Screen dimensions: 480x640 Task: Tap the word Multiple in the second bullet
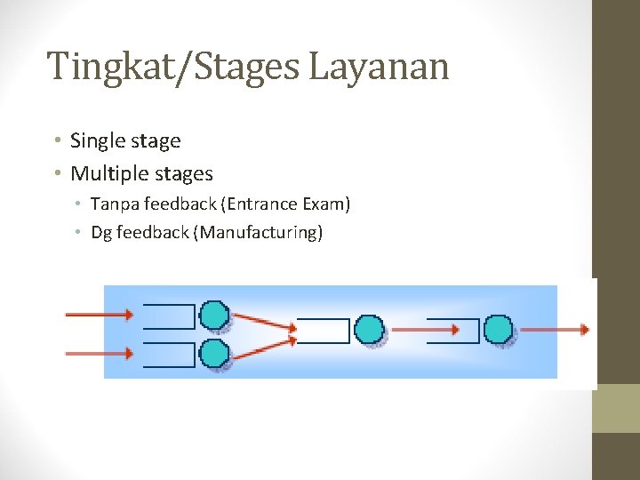point(108,173)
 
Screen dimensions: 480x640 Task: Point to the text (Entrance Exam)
point(288,204)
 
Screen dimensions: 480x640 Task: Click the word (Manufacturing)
point(258,233)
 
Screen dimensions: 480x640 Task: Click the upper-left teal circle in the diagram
point(214,315)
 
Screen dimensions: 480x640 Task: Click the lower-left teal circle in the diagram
point(214,354)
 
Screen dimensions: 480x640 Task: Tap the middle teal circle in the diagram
point(369,330)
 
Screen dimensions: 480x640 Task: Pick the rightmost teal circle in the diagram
point(499,330)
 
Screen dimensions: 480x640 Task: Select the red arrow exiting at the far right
point(555,330)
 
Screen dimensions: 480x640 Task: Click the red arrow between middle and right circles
point(425,330)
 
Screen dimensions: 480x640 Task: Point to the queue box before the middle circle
point(323,330)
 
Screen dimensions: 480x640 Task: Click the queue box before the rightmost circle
point(453,330)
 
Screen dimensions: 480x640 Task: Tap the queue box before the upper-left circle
point(168,316)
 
